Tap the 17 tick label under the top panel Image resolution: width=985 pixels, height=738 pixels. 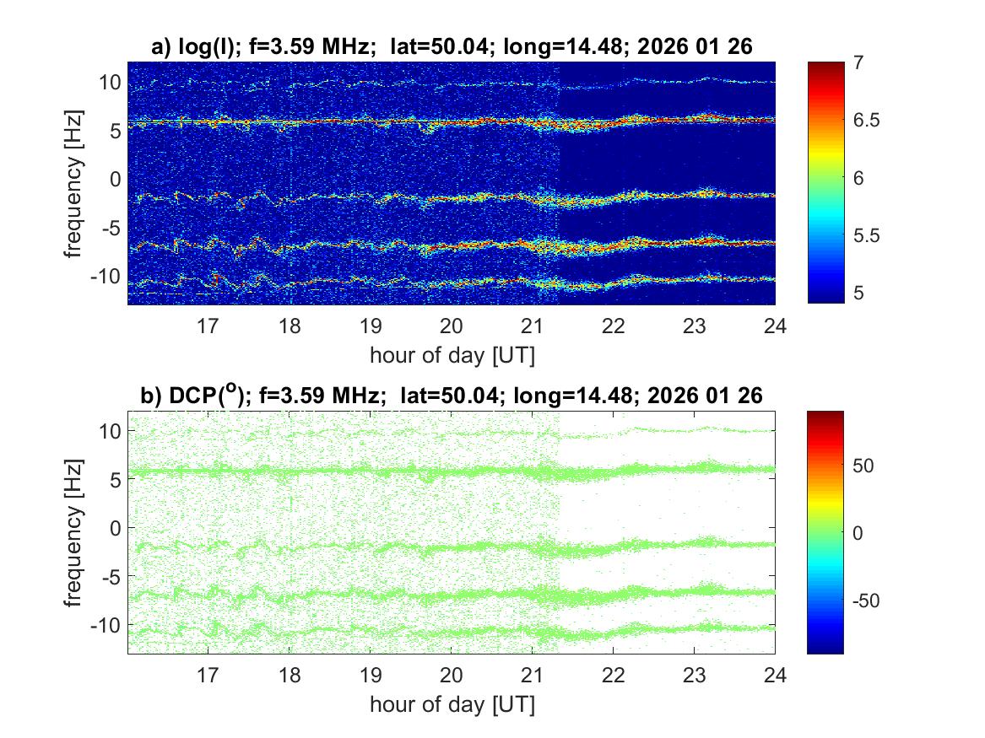pyautogui.click(x=208, y=326)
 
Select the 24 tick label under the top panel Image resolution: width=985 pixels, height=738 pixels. pyautogui.click(x=775, y=326)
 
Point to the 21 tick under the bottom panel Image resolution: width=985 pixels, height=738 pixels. pyautogui.click(x=532, y=675)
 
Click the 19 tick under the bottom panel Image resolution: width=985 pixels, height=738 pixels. pyautogui.click(x=370, y=675)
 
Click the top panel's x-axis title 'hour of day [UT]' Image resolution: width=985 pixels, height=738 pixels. pyautogui.click(x=451, y=355)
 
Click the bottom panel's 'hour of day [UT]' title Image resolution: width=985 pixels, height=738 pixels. pyautogui.click(x=451, y=704)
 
